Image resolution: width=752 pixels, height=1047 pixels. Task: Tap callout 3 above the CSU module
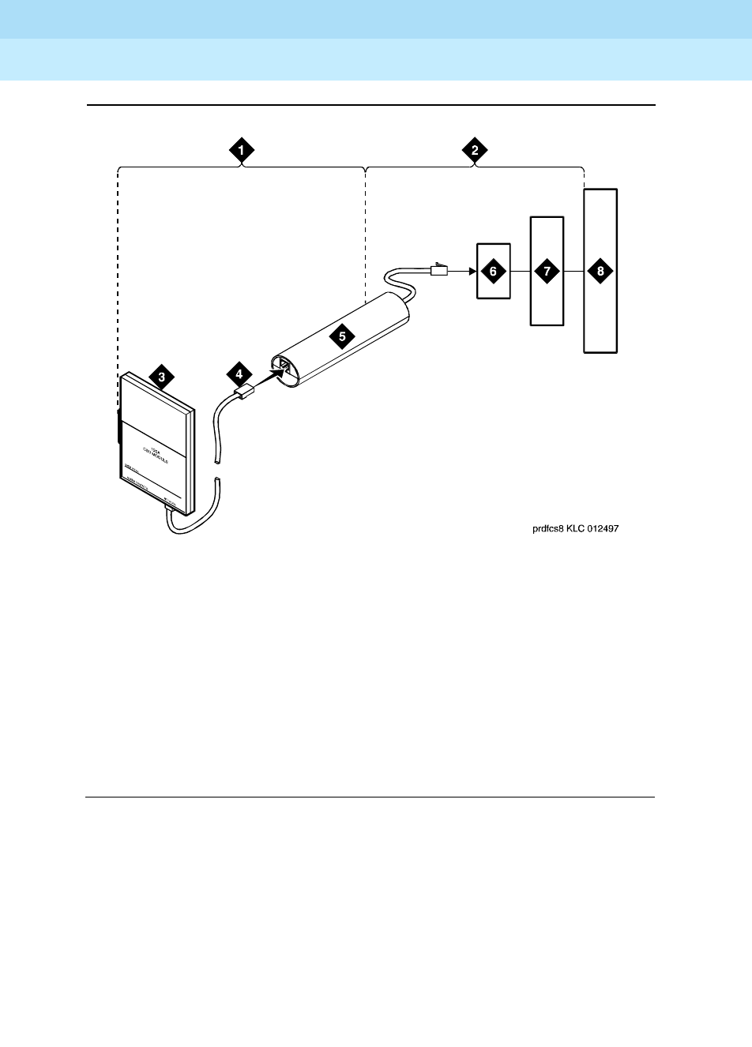pos(161,377)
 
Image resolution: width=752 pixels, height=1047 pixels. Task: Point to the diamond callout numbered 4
pos(237,373)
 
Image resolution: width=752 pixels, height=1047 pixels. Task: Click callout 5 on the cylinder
pos(341,335)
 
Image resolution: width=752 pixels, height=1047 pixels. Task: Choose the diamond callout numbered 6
pos(493,271)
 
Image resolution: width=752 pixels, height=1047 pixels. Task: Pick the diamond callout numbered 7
pos(546,271)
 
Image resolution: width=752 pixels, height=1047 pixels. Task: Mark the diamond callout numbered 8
pos(600,271)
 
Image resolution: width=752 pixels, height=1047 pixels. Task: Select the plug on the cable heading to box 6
pos(438,270)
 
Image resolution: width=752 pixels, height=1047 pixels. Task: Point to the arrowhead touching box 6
pos(472,271)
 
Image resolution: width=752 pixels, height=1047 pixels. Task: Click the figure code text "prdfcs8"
pos(548,530)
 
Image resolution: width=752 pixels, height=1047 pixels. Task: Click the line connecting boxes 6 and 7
pos(519,271)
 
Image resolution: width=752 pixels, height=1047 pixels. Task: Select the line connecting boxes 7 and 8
pos(573,271)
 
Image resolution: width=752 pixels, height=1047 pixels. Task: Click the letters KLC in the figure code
pos(575,530)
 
